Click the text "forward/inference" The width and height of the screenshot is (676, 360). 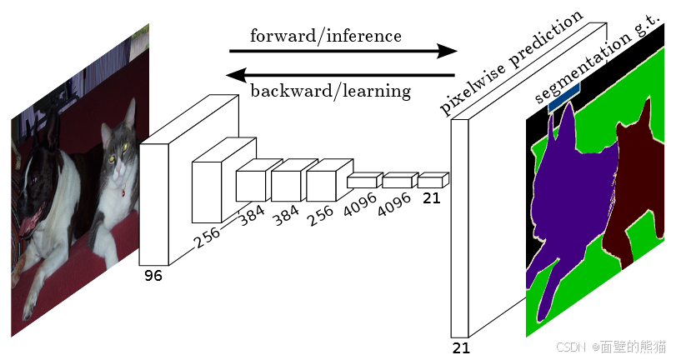326,36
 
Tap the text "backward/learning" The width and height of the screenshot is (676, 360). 330,90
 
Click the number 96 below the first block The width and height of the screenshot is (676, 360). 153,275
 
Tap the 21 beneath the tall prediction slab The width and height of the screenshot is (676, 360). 461,347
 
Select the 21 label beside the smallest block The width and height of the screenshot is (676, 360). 431,198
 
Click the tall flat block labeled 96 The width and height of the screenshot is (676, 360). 155,203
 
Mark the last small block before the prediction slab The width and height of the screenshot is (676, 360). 431,180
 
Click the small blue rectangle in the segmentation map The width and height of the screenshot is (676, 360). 564,97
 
